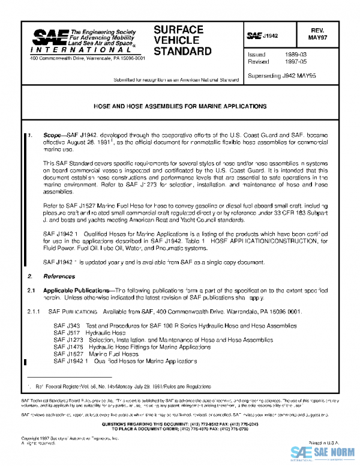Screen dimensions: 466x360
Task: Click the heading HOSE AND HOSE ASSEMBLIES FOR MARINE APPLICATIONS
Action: tap(180, 106)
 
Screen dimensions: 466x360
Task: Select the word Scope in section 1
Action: tap(52, 136)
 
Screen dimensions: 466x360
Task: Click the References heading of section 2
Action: tap(59, 276)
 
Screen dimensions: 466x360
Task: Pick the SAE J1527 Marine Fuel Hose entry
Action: tap(95, 354)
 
